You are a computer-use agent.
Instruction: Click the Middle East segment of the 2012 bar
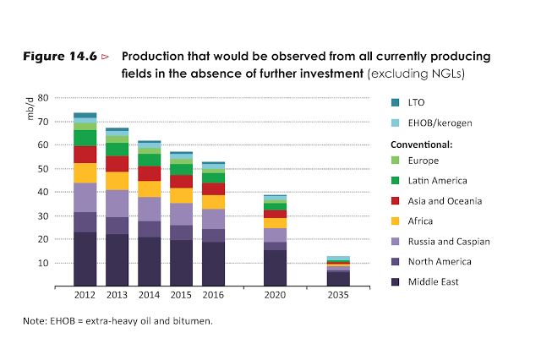pyautogui.click(x=85, y=259)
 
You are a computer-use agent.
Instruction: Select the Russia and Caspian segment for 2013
pyautogui.click(x=117, y=204)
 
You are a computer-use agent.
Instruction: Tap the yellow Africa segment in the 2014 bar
pyautogui.click(x=150, y=188)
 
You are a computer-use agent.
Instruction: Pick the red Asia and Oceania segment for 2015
pyautogui.click(x=181, y=181)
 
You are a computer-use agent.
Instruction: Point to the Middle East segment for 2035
pyautogui.click(x=338, y=278)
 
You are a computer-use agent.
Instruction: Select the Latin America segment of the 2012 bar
pyautogui.click(x=85, y=138)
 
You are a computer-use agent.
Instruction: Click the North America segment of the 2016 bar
pyautogui.click(x=213, y=236)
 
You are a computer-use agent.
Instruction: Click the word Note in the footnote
pyautogui.click(x=35, y=322)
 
